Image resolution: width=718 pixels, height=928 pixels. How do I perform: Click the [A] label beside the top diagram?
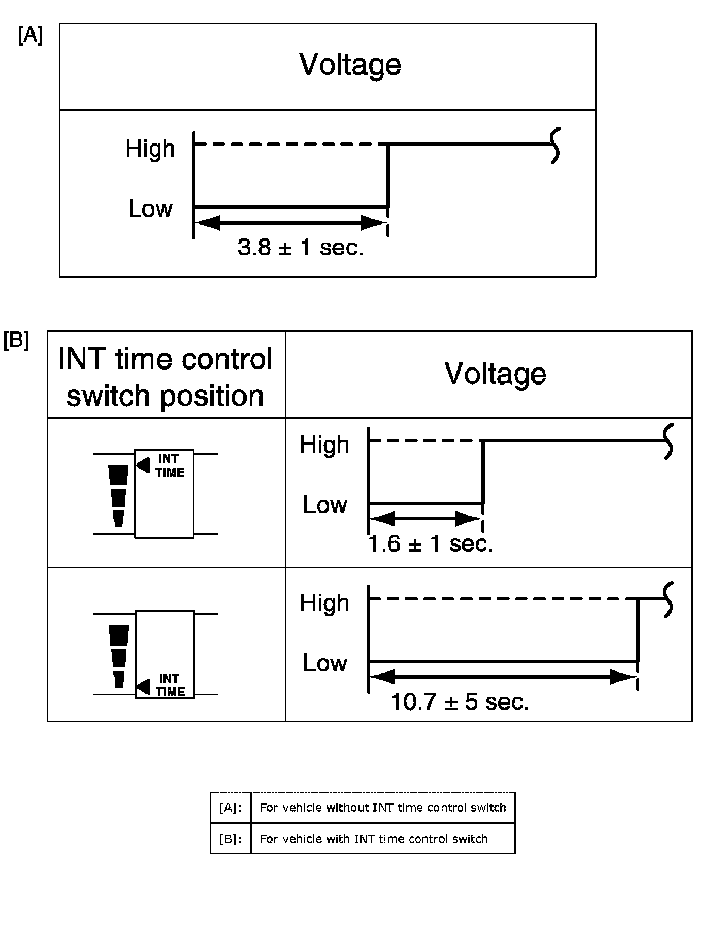(30, 36)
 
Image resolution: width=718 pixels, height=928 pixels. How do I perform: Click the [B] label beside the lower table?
(16, 341)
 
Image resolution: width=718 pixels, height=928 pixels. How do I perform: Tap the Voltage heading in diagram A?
(350, 65)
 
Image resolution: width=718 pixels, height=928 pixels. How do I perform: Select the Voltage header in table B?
(495, 374)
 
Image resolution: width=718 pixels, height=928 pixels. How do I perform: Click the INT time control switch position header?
(165, 377)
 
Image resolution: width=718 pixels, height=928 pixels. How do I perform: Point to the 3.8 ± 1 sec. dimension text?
(301, 248)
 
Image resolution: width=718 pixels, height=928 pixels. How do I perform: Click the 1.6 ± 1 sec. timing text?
(431, 543)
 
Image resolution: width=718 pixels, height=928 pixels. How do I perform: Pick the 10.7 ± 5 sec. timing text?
(460, 702)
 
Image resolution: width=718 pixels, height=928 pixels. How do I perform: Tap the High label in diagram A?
(150, 149)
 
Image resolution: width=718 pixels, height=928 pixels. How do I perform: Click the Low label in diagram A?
(150, 209)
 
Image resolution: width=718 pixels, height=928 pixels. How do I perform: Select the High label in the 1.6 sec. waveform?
(324, 444)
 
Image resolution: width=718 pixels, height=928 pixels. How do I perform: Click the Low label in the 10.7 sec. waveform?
(324, 663)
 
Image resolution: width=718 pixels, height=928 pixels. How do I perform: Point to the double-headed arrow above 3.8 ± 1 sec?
(291, 223)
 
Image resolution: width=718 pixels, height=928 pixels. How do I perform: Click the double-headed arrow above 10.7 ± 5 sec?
(503, 677)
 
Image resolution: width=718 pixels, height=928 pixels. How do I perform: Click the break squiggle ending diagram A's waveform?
(555, 146)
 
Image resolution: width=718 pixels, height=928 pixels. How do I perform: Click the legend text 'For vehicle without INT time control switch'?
(383, 808)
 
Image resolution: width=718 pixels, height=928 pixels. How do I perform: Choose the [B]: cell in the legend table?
(231, 839)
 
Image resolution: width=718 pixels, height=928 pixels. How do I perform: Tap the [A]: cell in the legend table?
(231, 808)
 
